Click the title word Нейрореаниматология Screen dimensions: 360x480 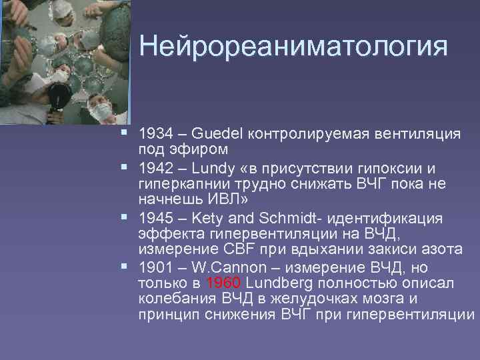293,47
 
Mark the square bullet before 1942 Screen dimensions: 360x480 127,167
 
